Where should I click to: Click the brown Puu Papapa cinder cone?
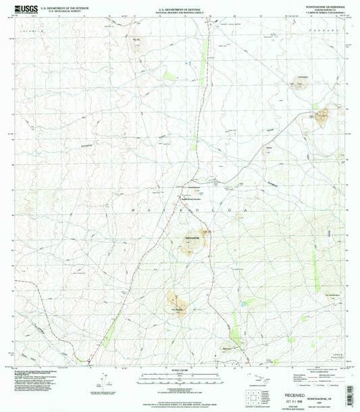[175, 298]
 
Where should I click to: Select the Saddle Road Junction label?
[191, 199]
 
